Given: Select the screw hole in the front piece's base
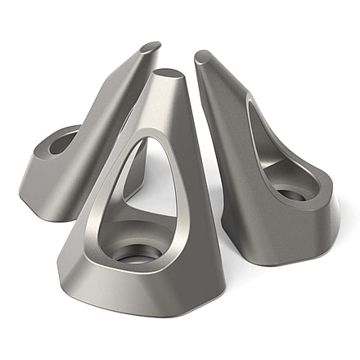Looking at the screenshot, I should (133, 254).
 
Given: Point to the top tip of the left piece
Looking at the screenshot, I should (150, 47).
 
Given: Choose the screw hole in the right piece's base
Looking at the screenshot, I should (291, 195).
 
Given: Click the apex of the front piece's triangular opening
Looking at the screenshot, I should (147, 139).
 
